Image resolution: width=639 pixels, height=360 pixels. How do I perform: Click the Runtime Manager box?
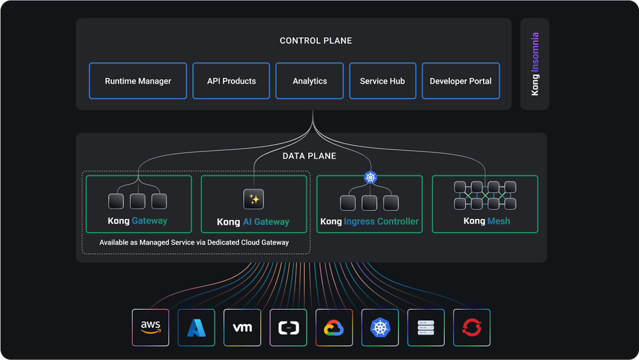[x=138, y=81]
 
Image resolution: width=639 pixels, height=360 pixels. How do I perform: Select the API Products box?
[x=231, y=81]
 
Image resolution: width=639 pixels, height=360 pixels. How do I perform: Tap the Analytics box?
[x=310, y=81]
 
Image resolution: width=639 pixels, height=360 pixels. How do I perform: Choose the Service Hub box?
[x=382, y=81]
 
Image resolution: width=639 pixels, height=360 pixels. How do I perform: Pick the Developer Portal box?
[x=461, y=81]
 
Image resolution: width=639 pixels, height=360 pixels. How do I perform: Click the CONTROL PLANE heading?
[x=316, y=41]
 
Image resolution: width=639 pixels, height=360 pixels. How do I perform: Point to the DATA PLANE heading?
[x=309, y=156]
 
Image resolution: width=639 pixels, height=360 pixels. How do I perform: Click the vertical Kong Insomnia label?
[x=535, y=64]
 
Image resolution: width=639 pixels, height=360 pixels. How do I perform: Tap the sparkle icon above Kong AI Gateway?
[x=254, y=199]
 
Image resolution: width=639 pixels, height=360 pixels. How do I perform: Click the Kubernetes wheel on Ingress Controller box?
[x=370, y=177]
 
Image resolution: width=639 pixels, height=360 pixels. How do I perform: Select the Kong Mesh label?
[x=487, y=221]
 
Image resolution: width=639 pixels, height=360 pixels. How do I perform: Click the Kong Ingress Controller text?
[x=369, y=221]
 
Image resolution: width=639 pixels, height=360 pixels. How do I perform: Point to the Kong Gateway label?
[x=137, y=221]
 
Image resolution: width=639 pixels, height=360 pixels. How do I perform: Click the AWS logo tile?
[x=150, y=328]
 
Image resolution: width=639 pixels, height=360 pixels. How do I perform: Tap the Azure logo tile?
[x=196, y=328]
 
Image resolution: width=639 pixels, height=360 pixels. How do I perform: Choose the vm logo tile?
[x=242, y=328]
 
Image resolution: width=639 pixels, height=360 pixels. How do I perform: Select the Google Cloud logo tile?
[x=334, y=328]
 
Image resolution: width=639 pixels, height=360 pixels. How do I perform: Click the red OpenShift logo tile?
[x=472, y=328]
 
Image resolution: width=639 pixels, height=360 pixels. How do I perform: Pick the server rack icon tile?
[x=426, y=328]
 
